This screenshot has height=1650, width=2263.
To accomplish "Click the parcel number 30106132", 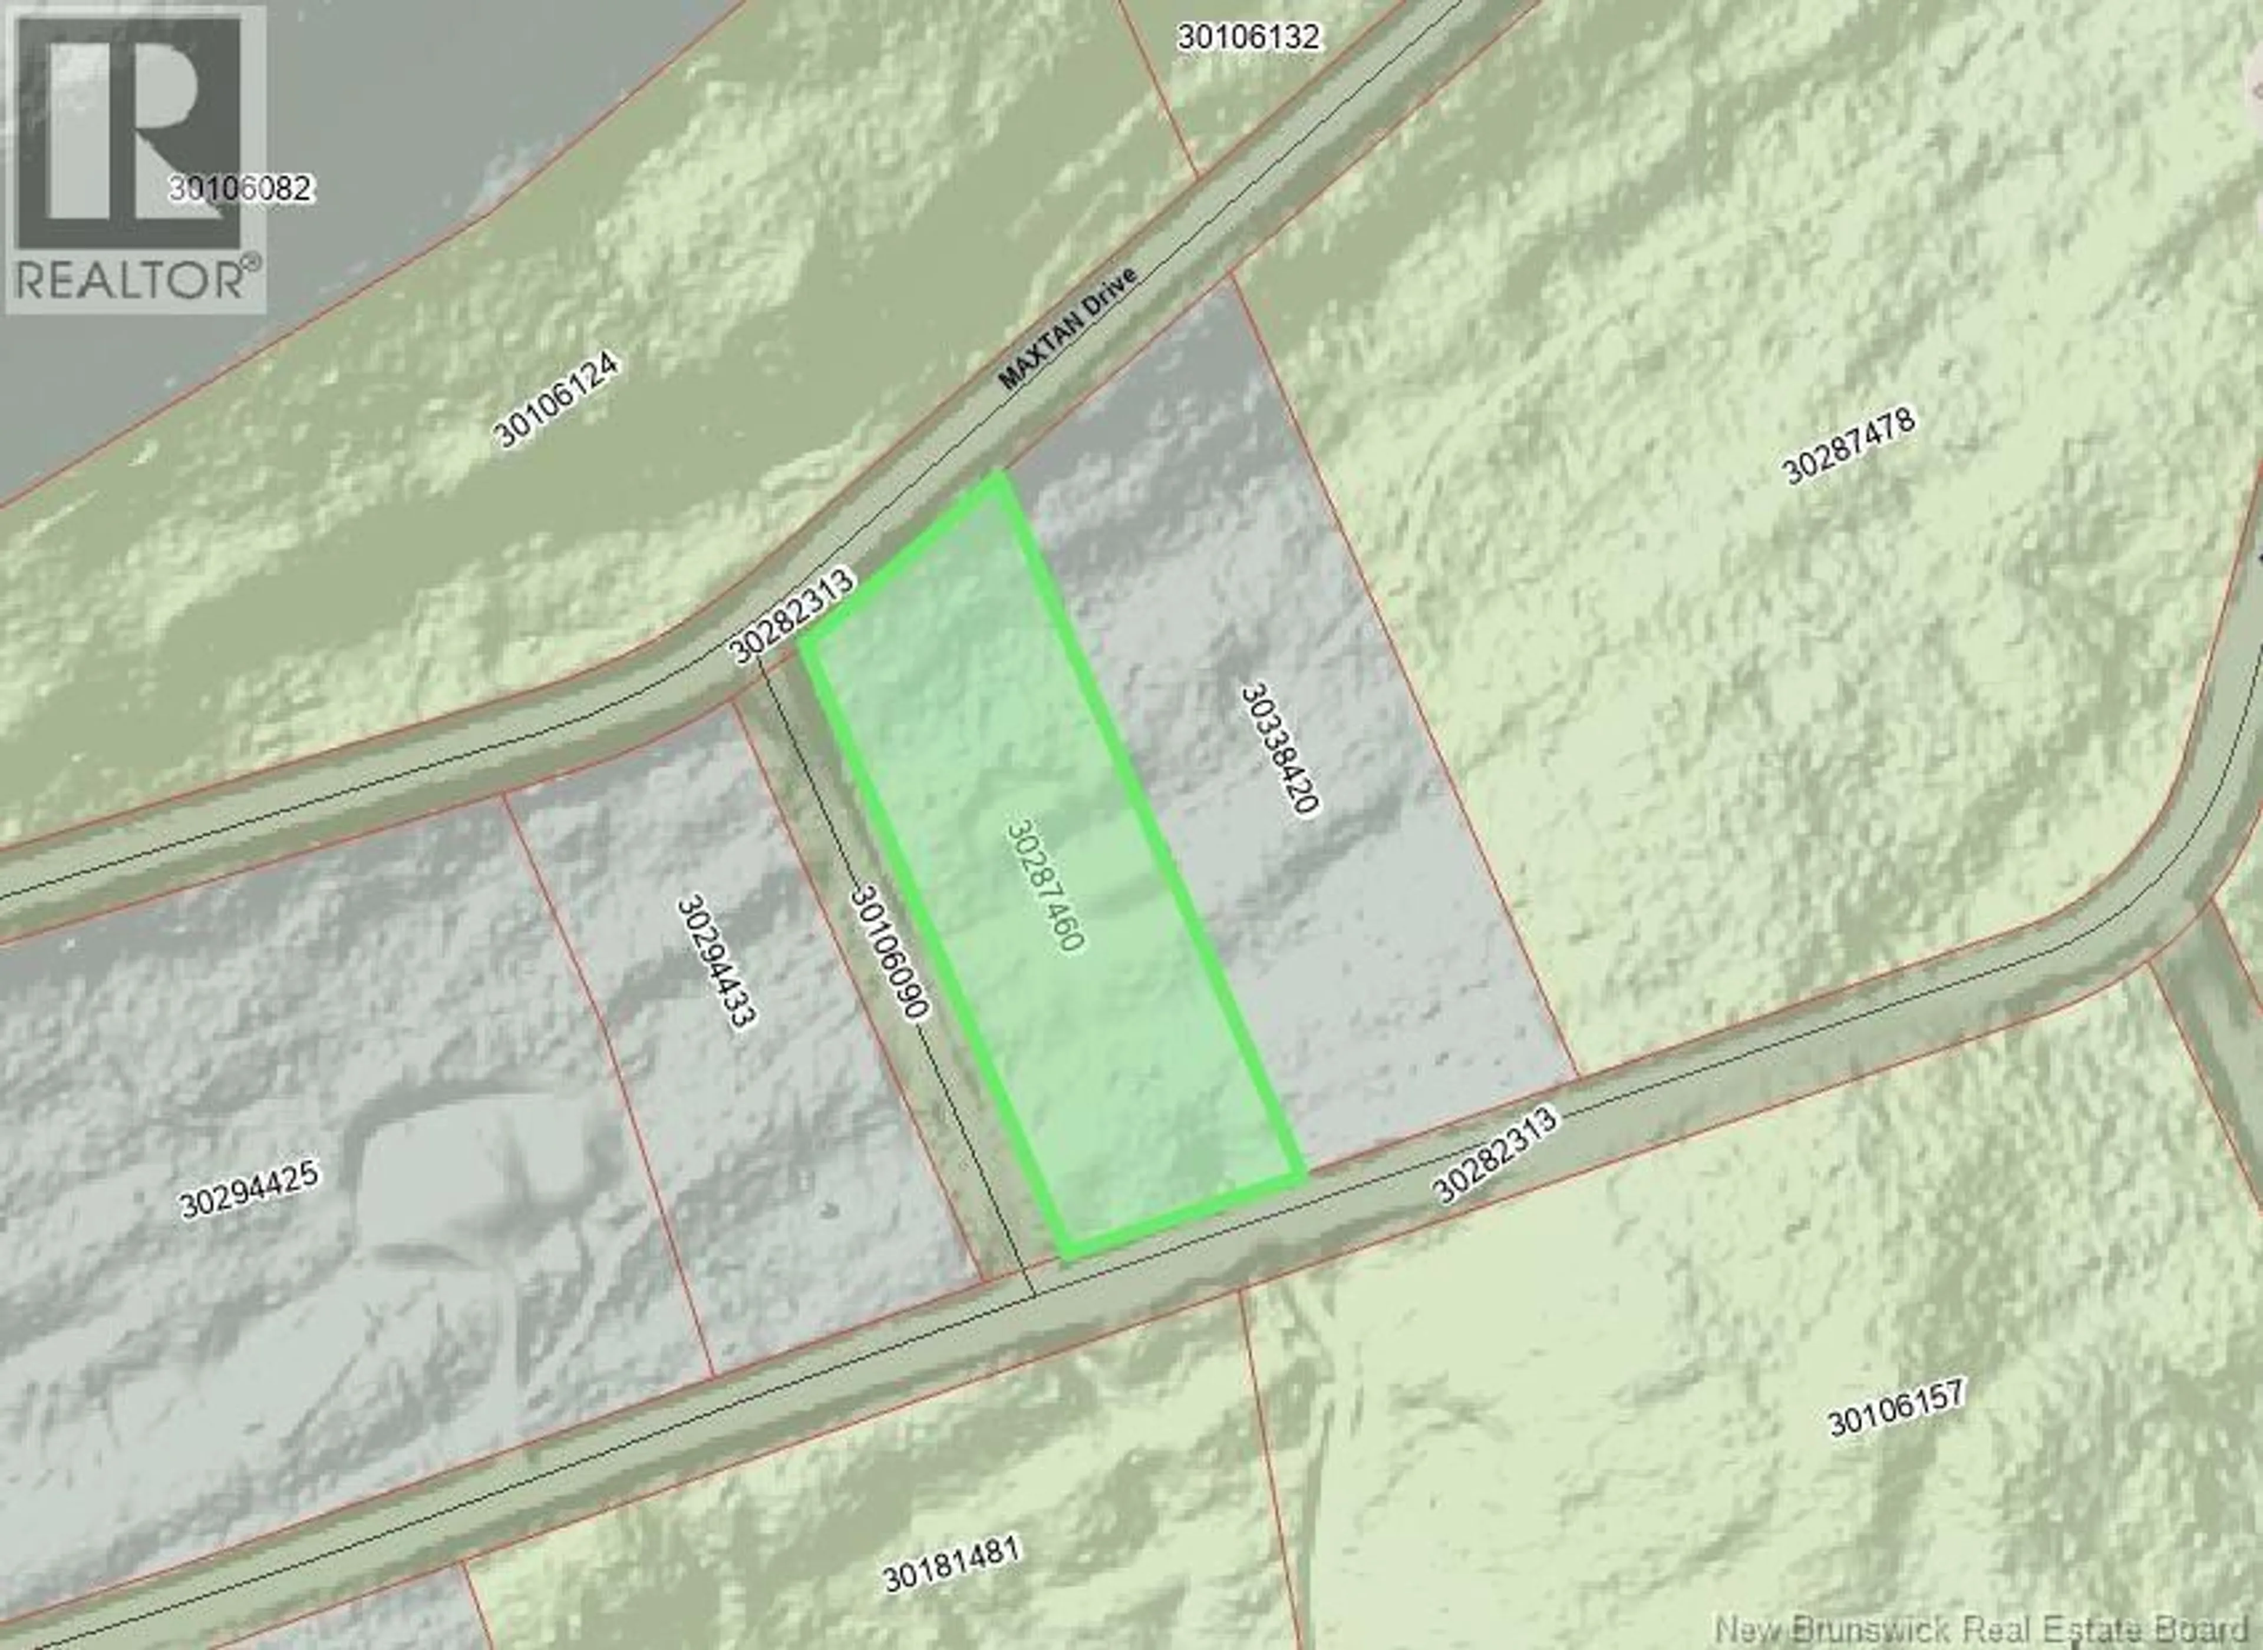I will click(x=1249, y=38).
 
